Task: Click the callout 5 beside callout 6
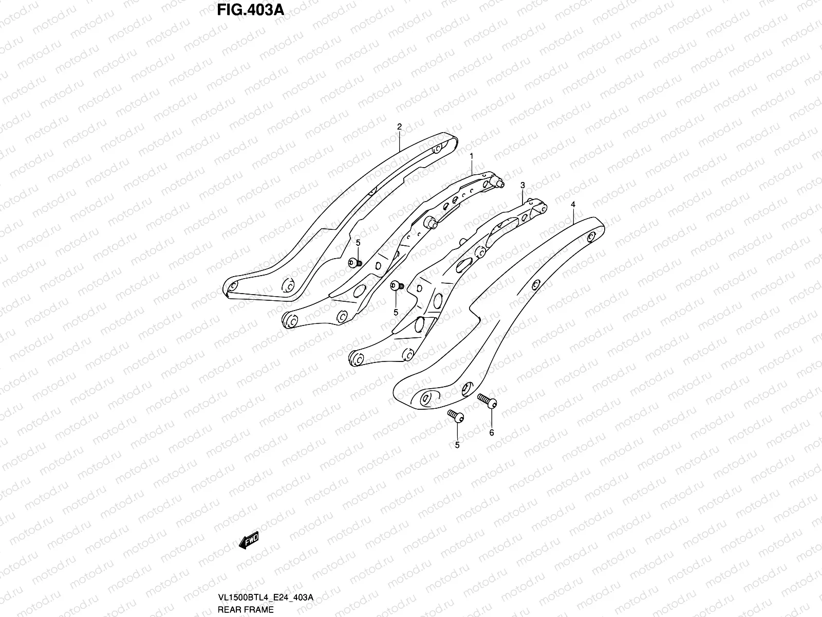457,445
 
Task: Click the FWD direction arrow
249,540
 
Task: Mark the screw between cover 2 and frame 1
353,263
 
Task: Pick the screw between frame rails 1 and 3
397,286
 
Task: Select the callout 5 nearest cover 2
358,243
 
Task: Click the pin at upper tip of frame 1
500,183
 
